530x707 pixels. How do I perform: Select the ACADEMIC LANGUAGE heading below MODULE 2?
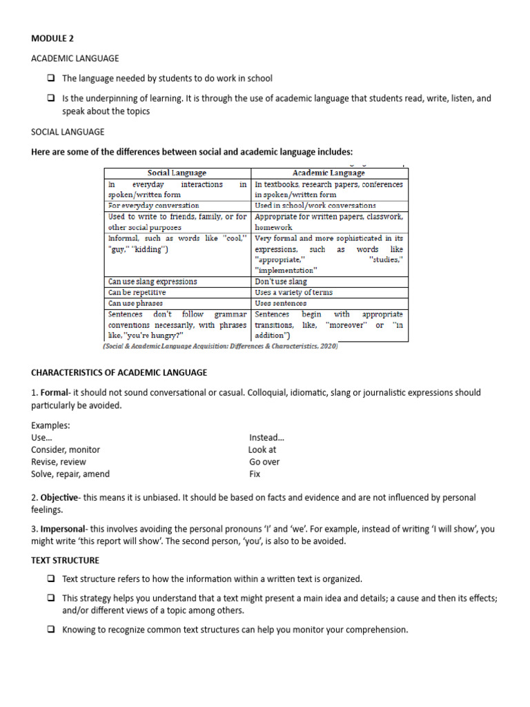tap(75, 59)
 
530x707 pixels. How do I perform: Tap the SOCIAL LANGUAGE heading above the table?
tap(68, 131)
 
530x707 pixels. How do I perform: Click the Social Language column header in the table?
tap(177, 173)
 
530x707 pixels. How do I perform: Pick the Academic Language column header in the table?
tap(328, 173)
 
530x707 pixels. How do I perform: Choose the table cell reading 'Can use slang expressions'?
tap(153, 282)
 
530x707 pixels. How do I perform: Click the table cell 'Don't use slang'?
tap(281, 282)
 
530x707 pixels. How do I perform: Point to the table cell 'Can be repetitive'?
tap(137, 292)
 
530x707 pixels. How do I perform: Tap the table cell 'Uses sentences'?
tap(280, 303)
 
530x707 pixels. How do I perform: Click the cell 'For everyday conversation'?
tap(154, 206)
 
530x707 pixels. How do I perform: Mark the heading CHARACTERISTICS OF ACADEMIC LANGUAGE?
tap(119, 373)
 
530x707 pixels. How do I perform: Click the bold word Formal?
tap(55, 393)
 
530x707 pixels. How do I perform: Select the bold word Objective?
tap(60, 498)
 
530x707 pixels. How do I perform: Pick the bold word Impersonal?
tap(64, 530)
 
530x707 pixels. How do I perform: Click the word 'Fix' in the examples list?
tap(255, 474)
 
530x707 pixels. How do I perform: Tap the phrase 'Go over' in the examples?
tap(264, 462)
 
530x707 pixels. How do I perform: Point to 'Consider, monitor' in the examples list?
tap(66, 449)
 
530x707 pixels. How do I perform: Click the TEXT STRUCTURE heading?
tap(65, 561)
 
